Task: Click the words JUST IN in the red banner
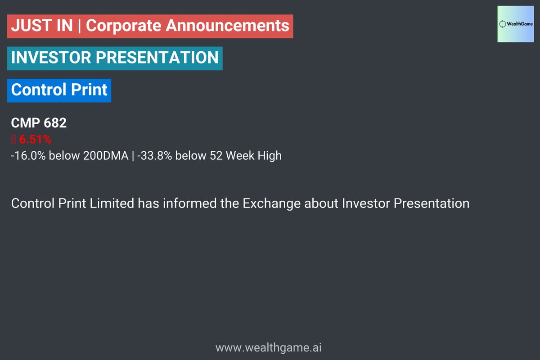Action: coord(41,26)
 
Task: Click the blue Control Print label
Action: coord(59,90)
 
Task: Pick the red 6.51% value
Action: coord(35,139)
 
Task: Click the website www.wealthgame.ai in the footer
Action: coord(269,348)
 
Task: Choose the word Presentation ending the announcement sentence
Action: coord(432,203)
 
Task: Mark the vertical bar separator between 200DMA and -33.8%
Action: coord(133,156)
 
